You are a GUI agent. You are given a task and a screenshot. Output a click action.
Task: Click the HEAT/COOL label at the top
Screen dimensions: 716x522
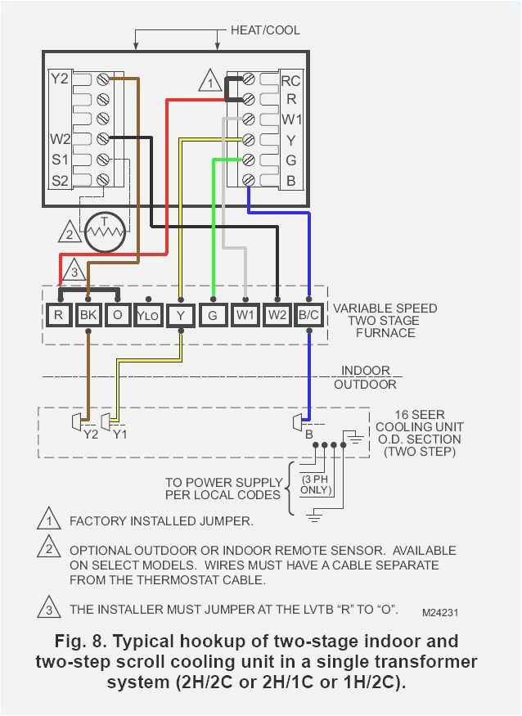264,30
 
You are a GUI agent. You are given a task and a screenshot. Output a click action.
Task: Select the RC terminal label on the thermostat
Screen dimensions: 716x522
290,81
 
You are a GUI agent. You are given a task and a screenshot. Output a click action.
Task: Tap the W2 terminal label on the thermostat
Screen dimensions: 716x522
61,138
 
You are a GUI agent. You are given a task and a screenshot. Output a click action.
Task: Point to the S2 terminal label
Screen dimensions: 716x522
61,179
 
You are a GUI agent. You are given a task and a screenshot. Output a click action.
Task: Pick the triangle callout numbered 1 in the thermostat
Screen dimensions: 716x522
210,83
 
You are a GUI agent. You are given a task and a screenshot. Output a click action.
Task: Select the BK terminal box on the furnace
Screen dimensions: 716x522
88,313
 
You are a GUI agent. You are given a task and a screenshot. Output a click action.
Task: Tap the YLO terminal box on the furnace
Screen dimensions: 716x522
147,314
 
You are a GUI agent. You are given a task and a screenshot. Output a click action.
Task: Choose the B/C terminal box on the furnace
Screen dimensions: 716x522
309,313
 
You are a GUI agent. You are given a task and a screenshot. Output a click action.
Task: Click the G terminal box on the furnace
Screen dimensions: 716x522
213,313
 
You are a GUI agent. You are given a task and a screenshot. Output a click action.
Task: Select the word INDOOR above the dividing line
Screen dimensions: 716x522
365,371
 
